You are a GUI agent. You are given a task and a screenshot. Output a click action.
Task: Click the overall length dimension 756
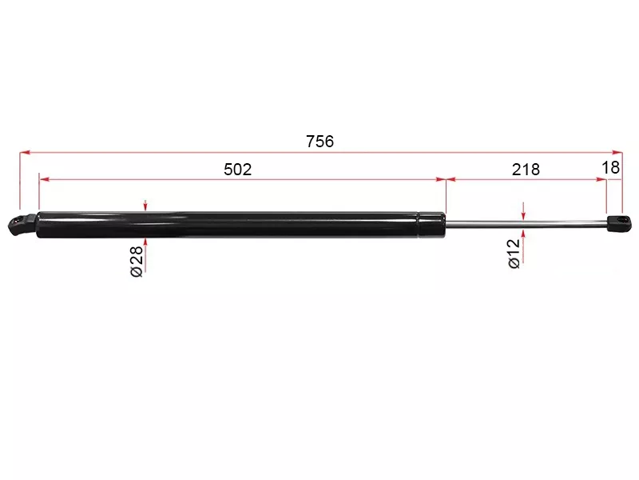pos(320,142)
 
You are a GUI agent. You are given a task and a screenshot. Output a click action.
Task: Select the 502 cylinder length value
pos(237,170)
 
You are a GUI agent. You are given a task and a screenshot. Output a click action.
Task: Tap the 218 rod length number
pos(526,170)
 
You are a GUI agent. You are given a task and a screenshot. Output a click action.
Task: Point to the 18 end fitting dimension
pos(610,167)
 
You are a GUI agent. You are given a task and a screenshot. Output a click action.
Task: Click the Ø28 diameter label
pos(137,262)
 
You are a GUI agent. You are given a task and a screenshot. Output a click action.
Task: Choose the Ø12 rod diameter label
pos(514,254)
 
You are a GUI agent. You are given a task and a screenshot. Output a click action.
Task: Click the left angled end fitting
pos(22,224)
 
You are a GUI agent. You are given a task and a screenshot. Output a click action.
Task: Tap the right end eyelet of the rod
pos(620,223)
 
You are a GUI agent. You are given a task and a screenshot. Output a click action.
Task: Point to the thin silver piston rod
pos(526,223)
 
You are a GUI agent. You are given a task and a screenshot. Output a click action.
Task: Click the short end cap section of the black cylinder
pos(432,224)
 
